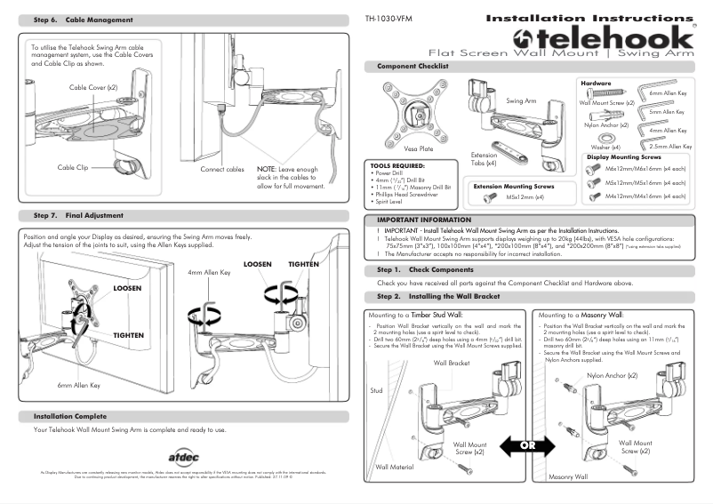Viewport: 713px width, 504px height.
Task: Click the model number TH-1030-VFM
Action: pyautogui.click(x=389, y=18)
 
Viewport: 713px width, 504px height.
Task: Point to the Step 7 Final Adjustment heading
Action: pyautogui.click(x=78, y=215)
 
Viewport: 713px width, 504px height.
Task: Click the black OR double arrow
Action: pyautogui.click(x=527, y=445)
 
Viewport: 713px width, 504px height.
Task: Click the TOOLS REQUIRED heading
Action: pyautogui.click(x=397, y=165)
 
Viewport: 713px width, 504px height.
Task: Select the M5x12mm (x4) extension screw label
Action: pyautogui.click(x=525, y=198)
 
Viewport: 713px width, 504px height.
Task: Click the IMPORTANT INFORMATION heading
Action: pyautogui.click(x=423, y=219)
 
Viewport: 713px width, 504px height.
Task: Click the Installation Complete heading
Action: pyautogui.click(x=70, y=416)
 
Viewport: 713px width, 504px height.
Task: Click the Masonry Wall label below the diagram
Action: pyautogui.click(x=568, y=477)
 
